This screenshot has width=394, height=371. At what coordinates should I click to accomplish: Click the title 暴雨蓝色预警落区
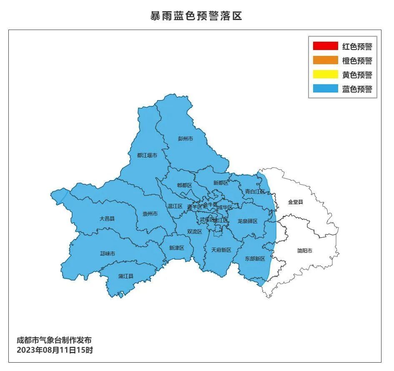[x=196, y=16]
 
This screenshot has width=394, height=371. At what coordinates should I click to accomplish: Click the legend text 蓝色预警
[x=357, y=89]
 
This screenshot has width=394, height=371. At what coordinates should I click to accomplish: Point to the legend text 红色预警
[x=357, y=46]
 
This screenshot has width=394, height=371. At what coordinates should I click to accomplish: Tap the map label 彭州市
[x=186, y=138]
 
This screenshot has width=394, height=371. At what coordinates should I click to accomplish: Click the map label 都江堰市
[x=147, y=155]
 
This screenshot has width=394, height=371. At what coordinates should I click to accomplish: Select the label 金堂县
[x=296, y=202]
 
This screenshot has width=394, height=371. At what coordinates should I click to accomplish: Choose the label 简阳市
[x=305, y=251]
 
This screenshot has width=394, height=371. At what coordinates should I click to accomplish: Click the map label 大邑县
[x=107, y=218]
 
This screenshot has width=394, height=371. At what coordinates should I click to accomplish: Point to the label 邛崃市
[x=107, y=253]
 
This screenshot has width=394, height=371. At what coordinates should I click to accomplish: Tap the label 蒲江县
[x=125, y=276]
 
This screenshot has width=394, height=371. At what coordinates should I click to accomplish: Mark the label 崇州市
[x=150, y=214]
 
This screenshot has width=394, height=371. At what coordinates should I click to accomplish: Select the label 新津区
[x=176, y=248]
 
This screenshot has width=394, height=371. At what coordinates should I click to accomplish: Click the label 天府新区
[x=221, y=250]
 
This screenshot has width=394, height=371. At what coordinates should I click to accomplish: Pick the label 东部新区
[x=255, y=259]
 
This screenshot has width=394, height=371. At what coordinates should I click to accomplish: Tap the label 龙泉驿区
[x=248, y=221]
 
